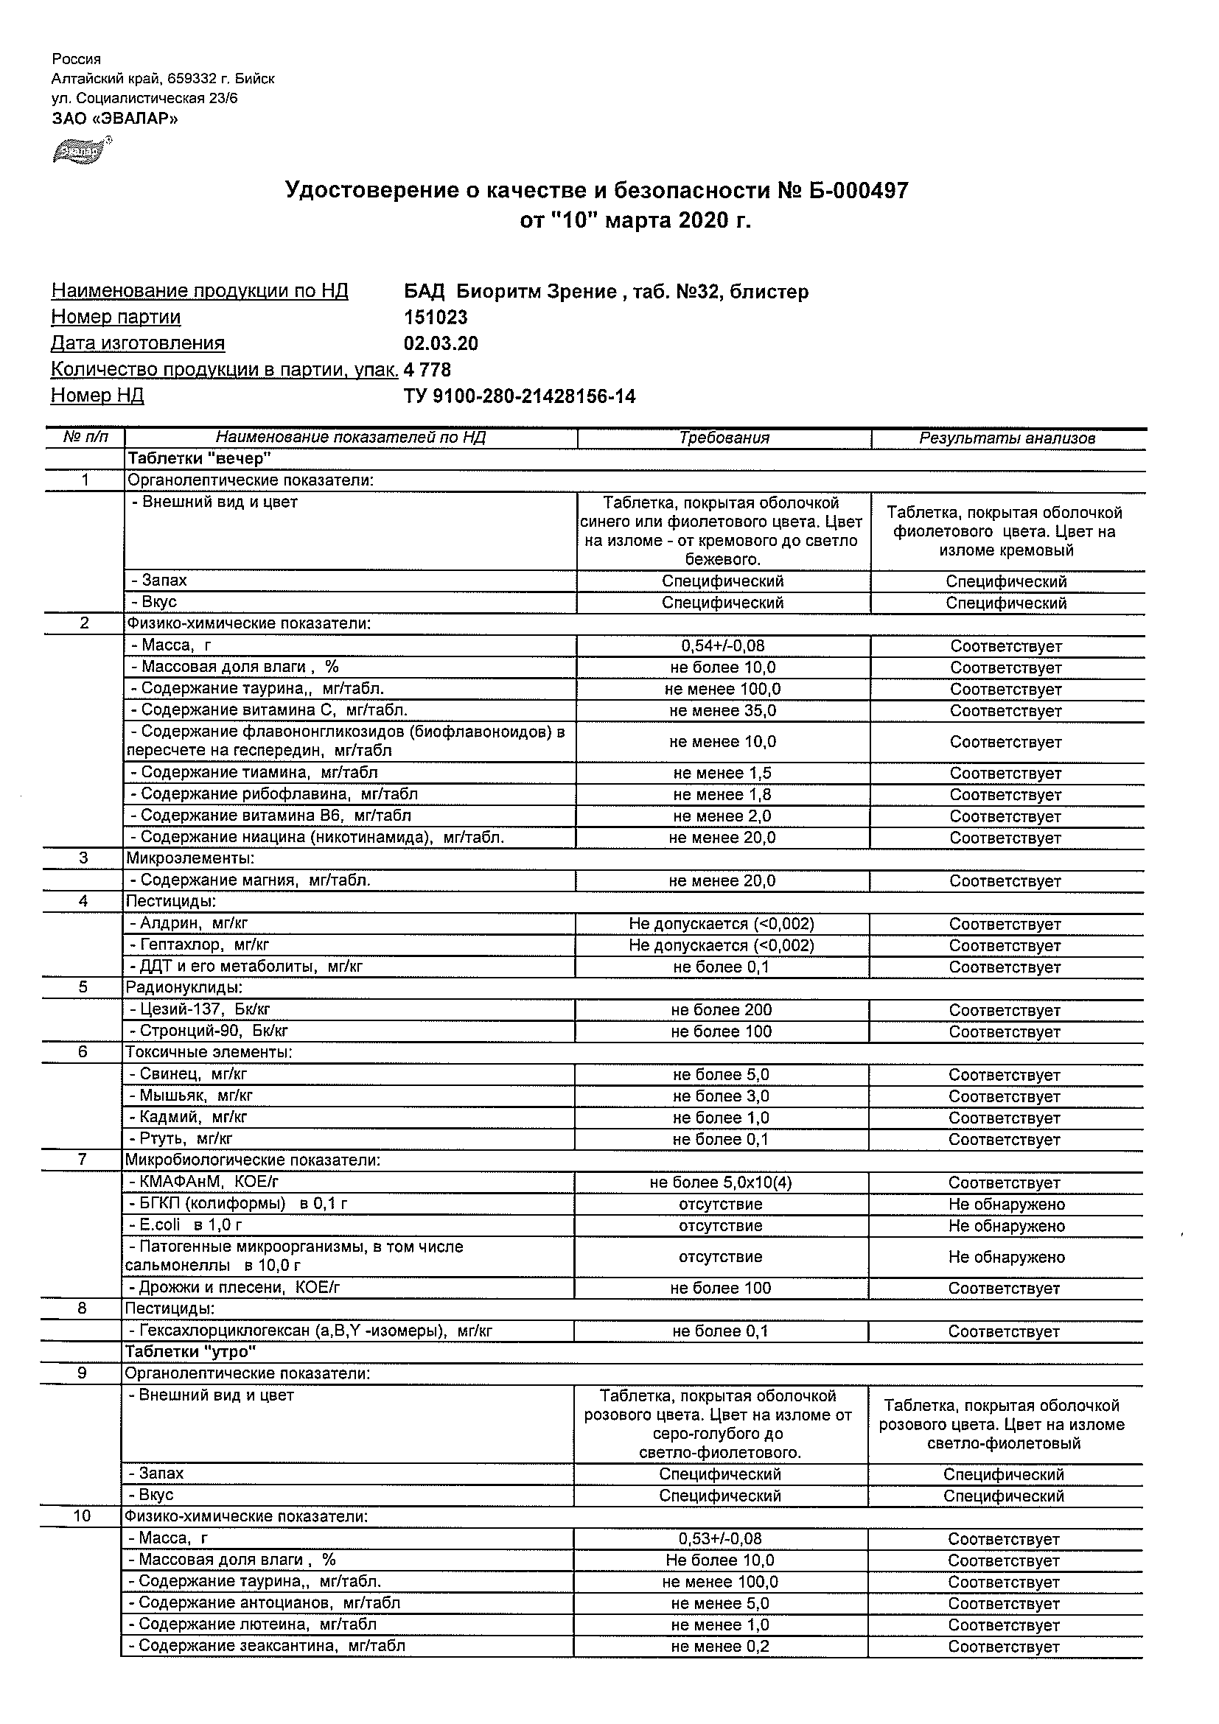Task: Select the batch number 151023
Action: coord(436,318)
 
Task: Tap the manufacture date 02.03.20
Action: coord(441,344)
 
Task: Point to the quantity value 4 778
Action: coord(427,369)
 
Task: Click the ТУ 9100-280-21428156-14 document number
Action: coord(520,396)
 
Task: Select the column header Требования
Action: coord(724,438)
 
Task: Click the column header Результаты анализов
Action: coord(1007,438)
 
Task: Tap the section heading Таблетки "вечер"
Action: coord(198,458)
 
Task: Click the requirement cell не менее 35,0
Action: coord(722,710)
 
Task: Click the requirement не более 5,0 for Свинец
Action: coord(721,1074)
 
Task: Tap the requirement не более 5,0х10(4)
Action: coord(720,1182)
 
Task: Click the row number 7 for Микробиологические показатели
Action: coord(83,1160)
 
